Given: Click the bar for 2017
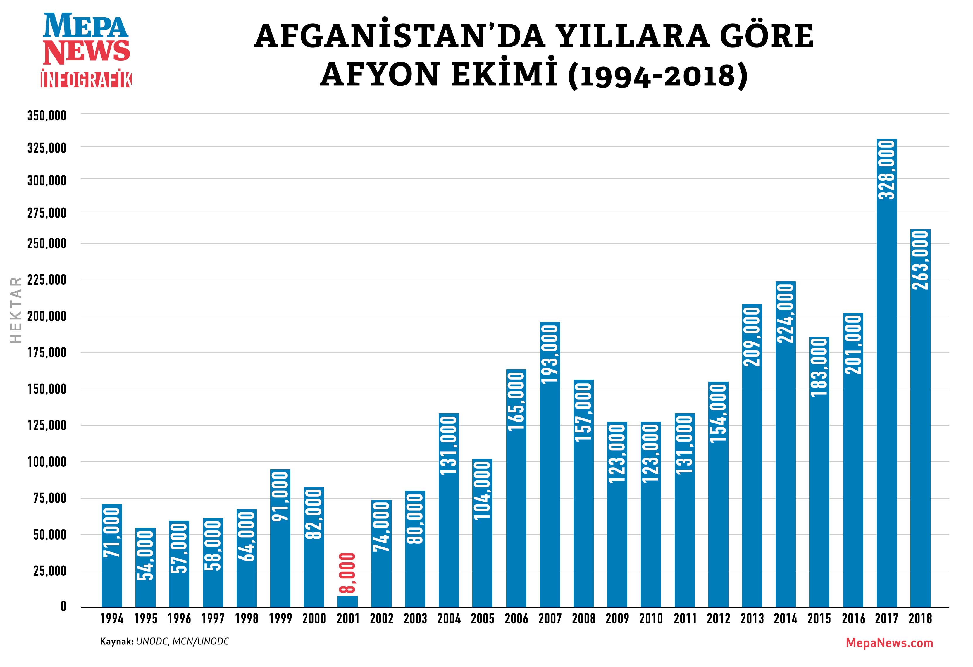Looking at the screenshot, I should (886, 377).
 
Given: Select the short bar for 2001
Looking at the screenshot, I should (347, 601).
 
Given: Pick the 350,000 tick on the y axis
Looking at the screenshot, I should (47, 116).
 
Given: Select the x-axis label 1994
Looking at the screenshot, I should (112, 619).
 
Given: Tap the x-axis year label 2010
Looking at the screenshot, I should (651, 619).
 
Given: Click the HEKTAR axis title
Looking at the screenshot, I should (16, 310).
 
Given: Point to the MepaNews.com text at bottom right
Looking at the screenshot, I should (889, 643).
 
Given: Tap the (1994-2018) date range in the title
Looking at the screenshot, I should (657, 75).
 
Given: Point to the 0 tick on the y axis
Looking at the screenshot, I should (63, 607).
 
